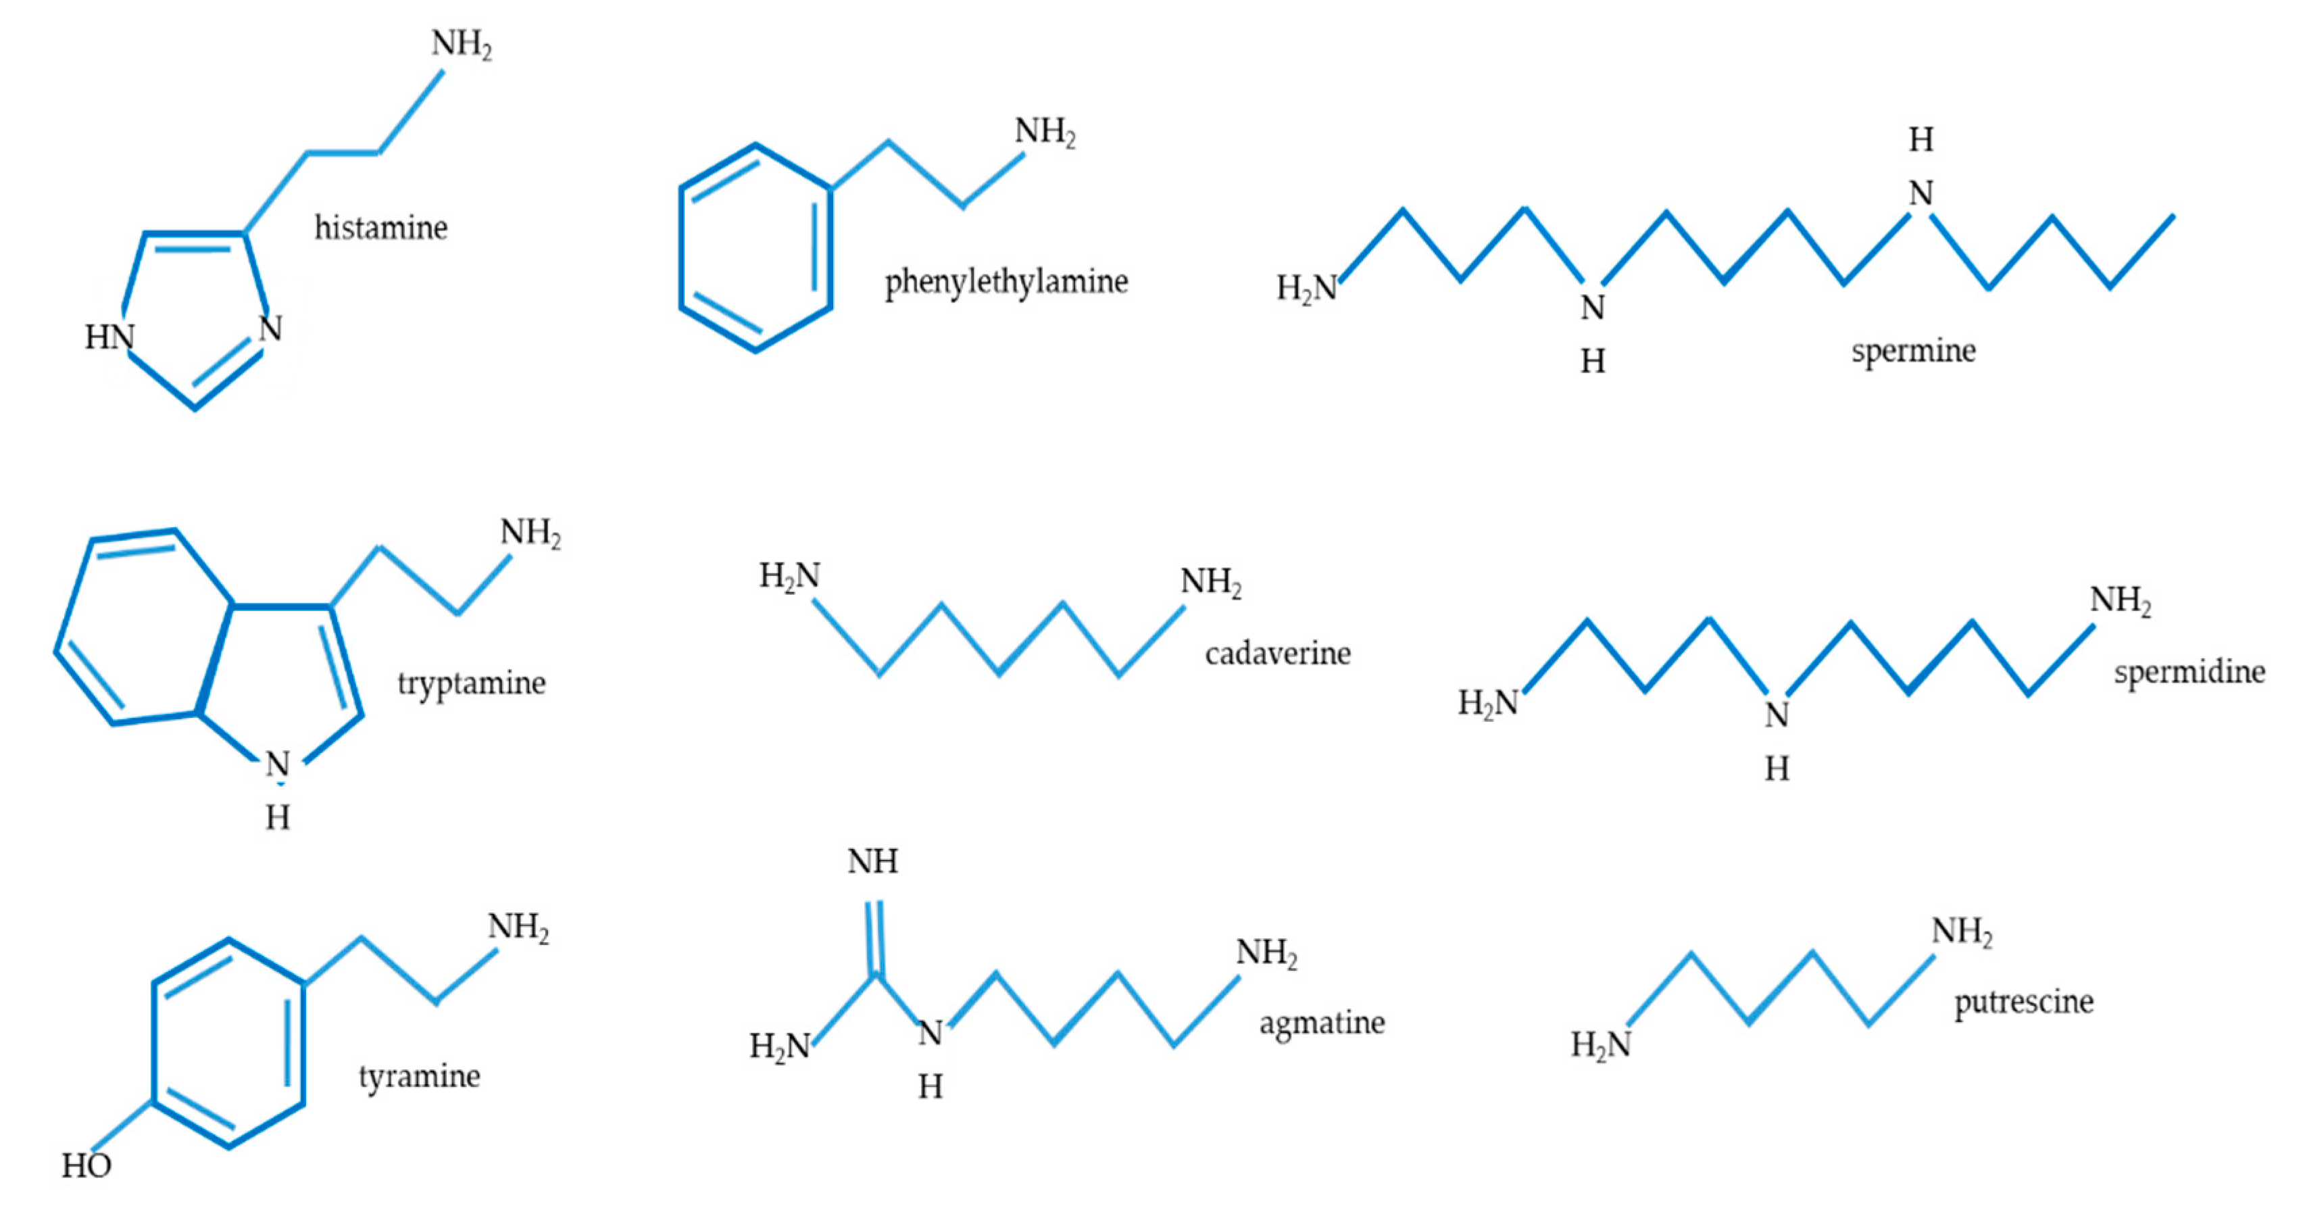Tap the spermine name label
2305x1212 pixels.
tap(1913, 351)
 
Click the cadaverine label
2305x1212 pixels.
tap(1277, 654)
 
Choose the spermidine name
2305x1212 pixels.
tap(2189, 671)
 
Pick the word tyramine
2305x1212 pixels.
tap(419, 1076)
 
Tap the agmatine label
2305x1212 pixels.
tap(1322, 1022)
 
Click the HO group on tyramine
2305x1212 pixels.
tap(86, 1165)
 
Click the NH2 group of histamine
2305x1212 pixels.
tap(462, 44)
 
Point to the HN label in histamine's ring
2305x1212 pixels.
tap(109, 337)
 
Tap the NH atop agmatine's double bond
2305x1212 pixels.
tap(872, 862)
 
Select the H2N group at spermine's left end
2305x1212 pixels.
tap(1306, 288)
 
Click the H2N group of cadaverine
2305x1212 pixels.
tap(789, 575)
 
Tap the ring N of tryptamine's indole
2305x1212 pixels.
tap(277, 765)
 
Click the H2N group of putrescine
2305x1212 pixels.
tap(1601, 1044)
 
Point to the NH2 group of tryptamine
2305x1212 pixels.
tap(530, 533)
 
